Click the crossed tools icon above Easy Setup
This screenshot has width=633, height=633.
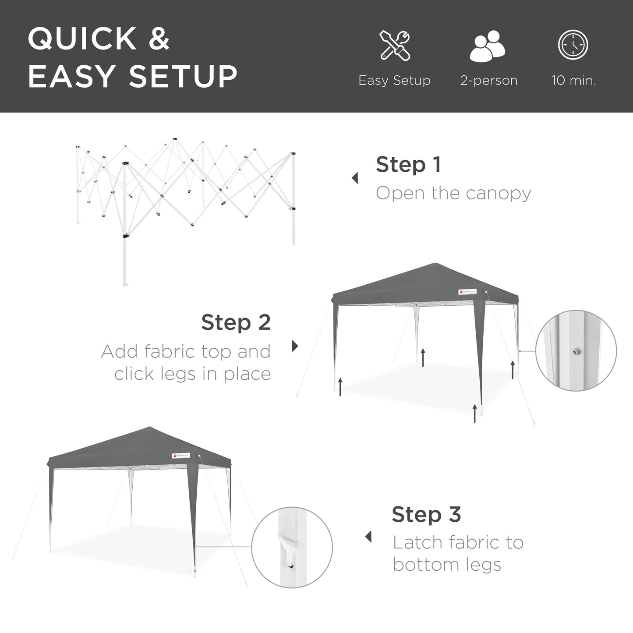coord(395,45)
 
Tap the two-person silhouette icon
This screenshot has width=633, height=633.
coord(488,46)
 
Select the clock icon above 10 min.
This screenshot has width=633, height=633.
coord(573,45)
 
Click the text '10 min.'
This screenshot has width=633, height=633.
coord(574,81)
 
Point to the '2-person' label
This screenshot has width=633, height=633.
coord(489,81)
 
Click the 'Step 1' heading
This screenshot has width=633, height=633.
coord(408,165)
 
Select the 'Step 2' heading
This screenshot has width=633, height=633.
coord(236,323)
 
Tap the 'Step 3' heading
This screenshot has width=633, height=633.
coord(426,514)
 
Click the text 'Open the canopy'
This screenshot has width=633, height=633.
coord(453,193)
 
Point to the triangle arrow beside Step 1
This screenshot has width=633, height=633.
coord(355,178)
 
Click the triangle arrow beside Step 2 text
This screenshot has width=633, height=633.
coord(295,346)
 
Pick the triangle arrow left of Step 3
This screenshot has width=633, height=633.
coord(368,537)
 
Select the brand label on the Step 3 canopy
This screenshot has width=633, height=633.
coord(184,456)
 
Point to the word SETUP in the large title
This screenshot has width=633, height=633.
coord(183,76)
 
